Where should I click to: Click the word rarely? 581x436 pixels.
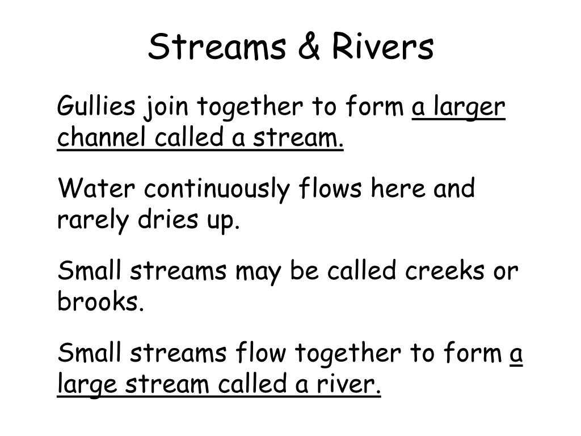pyautogui.click(x=93, y=220)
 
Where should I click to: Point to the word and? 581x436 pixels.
pyautogui.click(x=454, y=189)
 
